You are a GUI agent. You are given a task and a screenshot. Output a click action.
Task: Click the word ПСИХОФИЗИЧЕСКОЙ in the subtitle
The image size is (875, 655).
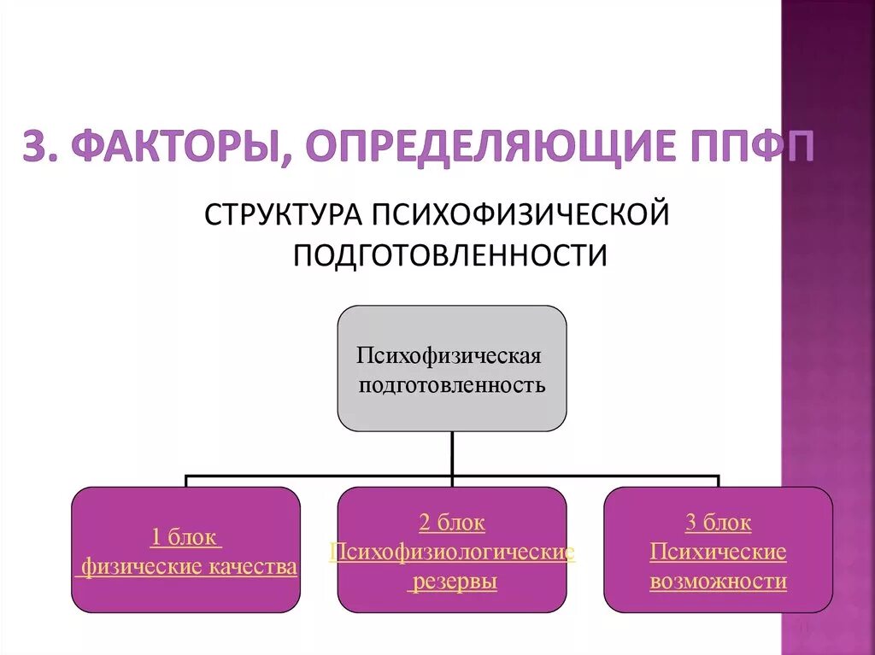(x=518, y=214)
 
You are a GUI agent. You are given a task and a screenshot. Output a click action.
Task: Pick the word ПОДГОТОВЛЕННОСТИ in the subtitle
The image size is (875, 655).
(x=450, y=254)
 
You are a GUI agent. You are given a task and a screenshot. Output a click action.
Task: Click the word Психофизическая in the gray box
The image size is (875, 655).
(x=450, y=354)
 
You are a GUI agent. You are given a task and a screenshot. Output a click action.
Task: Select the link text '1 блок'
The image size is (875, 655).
(x=185, y=538)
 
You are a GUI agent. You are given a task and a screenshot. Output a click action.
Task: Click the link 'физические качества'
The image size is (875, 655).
(x=189, y=567)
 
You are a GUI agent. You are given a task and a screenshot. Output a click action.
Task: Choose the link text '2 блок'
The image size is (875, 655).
(x=452, y=523)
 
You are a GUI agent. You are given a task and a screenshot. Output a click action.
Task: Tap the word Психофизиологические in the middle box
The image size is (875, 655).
(x=452, y=552)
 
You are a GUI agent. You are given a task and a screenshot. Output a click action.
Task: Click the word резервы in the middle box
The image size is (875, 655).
(x=452, y=582)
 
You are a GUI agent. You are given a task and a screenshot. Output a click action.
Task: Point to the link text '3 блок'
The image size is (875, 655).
(x=718, y=523)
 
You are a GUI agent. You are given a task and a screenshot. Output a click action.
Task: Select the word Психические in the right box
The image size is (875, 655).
(x=718, y=552)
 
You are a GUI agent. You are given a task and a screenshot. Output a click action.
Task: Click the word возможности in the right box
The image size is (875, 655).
(x=718, y=582)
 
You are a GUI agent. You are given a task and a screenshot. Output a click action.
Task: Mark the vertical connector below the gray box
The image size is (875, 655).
(x=452, y=453)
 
